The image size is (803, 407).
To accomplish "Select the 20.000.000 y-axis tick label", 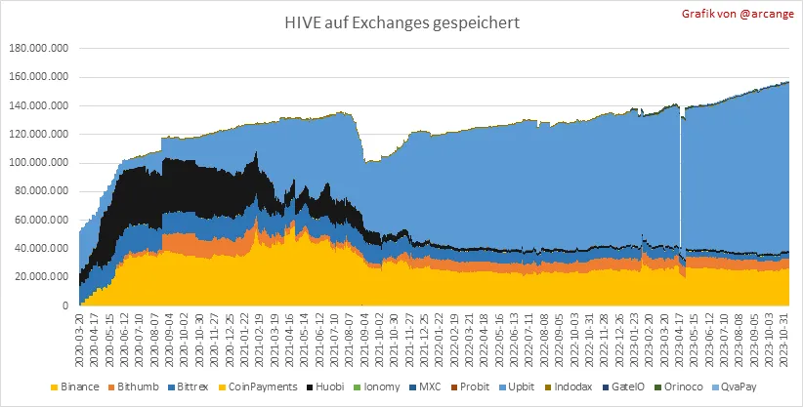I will (x=40, y=277).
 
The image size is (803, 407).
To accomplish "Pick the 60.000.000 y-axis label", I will (x=40, y=220).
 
